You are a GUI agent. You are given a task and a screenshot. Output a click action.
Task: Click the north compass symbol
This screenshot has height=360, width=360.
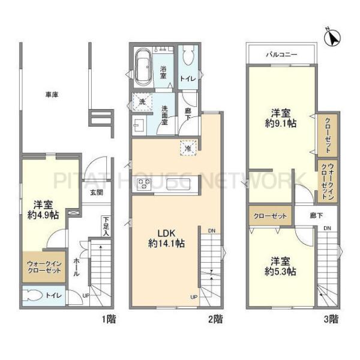tap(332, 37)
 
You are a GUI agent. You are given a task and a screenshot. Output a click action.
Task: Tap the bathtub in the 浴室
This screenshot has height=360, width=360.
tap(143, 67)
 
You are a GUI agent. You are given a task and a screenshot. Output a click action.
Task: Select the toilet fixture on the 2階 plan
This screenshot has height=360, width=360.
tap(188, 55)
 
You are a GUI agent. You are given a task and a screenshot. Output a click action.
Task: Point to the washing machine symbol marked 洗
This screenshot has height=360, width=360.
tap(142, 102)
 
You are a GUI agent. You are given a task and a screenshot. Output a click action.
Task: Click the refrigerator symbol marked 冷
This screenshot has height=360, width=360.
tap(188, 148)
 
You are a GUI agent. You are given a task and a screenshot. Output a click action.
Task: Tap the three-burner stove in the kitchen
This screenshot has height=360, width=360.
tap(143, 184)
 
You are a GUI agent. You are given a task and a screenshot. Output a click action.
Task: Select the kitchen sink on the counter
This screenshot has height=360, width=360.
tap(178, 184)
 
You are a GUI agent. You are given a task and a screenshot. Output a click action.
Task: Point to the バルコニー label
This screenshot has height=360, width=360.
tap(281, 55)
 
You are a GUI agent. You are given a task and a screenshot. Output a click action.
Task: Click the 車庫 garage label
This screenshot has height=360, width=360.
tap(52, 94)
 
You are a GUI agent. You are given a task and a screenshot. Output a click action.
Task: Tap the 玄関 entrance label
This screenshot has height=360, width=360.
tap(97, 193)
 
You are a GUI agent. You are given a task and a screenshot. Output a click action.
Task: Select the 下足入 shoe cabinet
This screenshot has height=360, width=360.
tap(106, 226)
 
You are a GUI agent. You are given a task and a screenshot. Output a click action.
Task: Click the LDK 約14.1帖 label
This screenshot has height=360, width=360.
tap(166, 238)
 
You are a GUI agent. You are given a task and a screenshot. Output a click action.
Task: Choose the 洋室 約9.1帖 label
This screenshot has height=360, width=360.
tap(281, 118)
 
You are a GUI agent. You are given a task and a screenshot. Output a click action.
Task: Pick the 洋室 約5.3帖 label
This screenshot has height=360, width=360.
tap(280, 266)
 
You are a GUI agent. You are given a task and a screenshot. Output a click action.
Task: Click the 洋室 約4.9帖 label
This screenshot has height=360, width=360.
tap(43, 209)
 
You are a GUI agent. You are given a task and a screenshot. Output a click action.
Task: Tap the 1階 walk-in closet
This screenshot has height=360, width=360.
tap(44, 267)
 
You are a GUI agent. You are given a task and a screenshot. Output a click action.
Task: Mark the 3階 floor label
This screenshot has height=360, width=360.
tap(331, 319)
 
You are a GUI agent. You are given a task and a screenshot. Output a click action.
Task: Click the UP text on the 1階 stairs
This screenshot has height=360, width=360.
tap(86, 296)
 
